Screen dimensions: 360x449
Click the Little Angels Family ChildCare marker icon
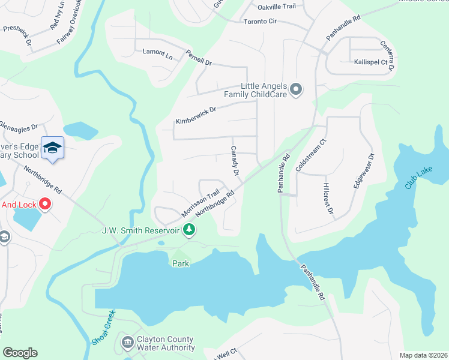295,90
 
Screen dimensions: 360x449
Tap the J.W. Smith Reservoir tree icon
189,230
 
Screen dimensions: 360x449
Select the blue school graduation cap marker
52,148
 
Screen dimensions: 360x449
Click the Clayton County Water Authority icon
127,343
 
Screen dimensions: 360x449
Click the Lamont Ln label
157,53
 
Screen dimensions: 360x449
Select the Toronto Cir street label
260,22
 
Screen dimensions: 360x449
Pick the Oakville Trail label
277,6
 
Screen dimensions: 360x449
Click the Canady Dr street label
235,160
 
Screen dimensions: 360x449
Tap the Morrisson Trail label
201,205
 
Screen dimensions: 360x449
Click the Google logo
20,353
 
